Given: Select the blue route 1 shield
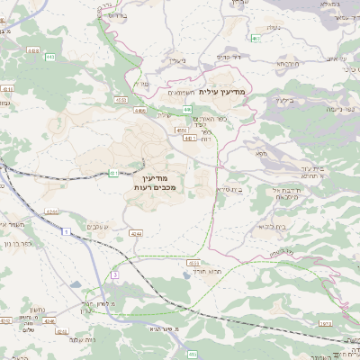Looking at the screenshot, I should pyautogui.click(x=65, y=232).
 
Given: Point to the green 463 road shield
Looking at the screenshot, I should pyautogui.click(x=256, y=39).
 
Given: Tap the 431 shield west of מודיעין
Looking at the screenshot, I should pyautogui.click(x=113, y=172).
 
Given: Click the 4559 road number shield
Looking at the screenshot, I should pyautogui.click(x=121, y=102).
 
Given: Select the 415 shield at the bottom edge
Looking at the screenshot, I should pyautogui.click(x=191, y=355).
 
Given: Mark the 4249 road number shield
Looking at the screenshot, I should pyautogui.click(x=136, y=233).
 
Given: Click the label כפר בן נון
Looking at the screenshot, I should pyautogui.click(x=19, y=243).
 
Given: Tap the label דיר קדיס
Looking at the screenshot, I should pyautogui.click(x=229, y=57).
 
